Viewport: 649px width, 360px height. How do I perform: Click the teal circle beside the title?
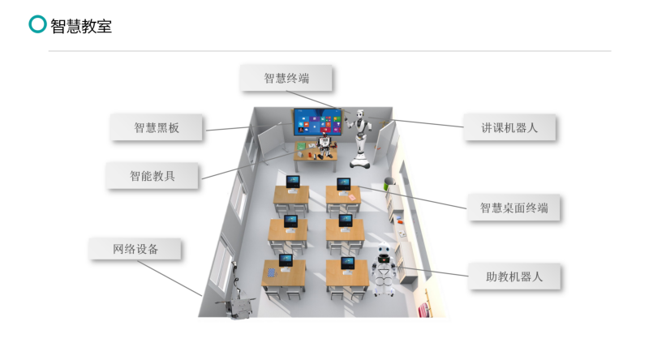click(37, 24)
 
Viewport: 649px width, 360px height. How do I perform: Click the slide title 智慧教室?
click(81, 26)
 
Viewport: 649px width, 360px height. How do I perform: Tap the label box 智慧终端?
click(286, 78)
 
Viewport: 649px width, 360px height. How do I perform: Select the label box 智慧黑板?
click(156, 127)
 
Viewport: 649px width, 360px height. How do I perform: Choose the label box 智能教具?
click(152, 176)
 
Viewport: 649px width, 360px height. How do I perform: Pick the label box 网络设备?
click(135, 249)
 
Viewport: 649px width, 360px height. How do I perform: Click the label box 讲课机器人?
click(509, 127)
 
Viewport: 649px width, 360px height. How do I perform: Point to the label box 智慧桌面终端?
click(514, 208)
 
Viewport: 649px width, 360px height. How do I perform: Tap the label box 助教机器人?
click(514, 276)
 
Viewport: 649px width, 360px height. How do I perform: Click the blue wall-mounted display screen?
click(318, 122)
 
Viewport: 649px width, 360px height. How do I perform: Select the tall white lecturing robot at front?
click(359, 139)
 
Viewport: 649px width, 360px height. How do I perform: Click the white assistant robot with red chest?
click(384, 269)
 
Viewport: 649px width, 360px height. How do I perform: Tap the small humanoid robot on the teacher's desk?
click(325, 146)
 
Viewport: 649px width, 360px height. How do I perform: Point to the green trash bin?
click(389, 183)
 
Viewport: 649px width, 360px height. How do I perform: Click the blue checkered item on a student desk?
click(271, 272)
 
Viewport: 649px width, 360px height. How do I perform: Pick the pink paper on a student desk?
click(352, 197)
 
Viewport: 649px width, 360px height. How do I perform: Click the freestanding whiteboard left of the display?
click(271, 142)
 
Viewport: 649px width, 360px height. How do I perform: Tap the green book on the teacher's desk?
click(301, 146)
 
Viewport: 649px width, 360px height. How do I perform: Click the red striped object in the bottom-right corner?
click(423, 310)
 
